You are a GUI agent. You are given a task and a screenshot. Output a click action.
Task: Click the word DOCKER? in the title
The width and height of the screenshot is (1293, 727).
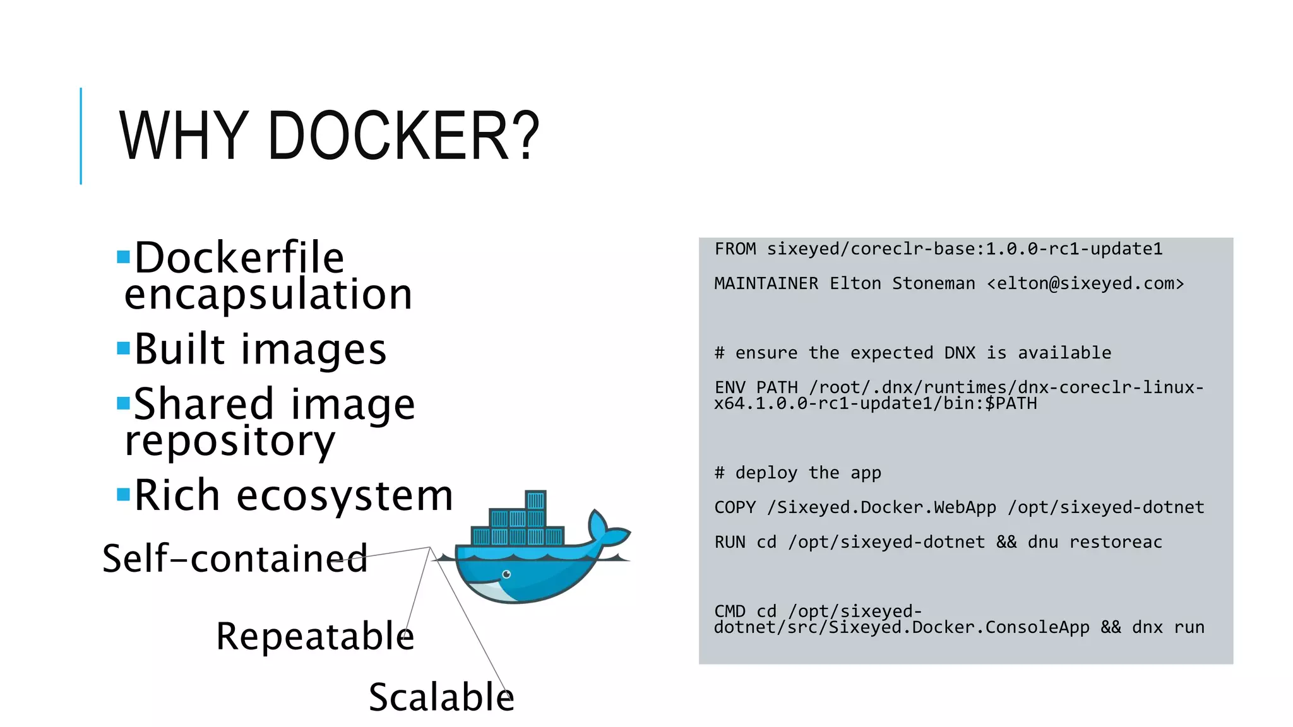403,136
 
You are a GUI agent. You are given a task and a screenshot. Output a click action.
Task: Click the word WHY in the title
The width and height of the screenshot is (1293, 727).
184,136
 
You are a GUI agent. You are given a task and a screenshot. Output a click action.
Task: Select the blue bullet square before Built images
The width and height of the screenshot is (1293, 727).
123,348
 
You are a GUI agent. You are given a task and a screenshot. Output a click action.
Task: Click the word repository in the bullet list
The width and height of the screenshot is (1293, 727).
230,440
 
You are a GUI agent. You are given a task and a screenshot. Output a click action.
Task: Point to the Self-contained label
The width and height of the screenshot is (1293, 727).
235,559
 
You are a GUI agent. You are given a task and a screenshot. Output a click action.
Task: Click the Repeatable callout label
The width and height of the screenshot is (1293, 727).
315,635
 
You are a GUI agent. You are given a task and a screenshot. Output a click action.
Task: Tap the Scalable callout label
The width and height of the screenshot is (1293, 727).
441,697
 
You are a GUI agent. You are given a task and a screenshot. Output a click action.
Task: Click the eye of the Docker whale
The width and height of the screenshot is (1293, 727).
506,574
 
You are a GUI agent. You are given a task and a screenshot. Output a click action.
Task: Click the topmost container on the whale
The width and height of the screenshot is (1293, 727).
535,500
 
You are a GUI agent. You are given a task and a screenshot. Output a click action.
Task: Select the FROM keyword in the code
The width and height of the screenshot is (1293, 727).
735,249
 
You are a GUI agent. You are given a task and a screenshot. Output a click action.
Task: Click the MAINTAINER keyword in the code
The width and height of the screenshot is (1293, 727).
766,284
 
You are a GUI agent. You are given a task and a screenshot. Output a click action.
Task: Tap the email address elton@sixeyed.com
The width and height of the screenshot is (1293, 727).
1085,284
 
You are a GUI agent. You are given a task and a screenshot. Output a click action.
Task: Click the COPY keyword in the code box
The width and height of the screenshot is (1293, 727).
735,507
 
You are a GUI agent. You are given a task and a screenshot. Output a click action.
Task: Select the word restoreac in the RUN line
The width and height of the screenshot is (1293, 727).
1116,542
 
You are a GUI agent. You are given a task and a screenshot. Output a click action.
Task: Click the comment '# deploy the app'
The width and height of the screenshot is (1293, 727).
797,473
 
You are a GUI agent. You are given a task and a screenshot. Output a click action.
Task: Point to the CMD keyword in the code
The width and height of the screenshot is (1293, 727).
730,611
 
